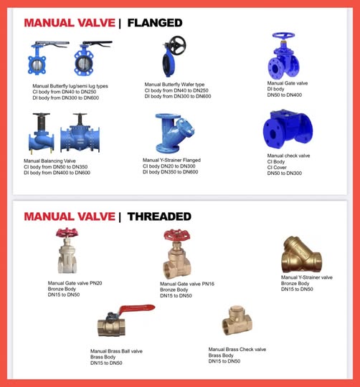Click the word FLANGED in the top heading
(154, 23)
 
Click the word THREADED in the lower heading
(159, 216)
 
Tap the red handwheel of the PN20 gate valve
(68, 234)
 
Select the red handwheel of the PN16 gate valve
(175, 236)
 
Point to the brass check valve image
(237, 320)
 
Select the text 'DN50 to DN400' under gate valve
(285, 95)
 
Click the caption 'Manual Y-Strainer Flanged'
(171, 160)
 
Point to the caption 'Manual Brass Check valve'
(237, 349)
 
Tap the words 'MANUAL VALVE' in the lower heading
(69, 216)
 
